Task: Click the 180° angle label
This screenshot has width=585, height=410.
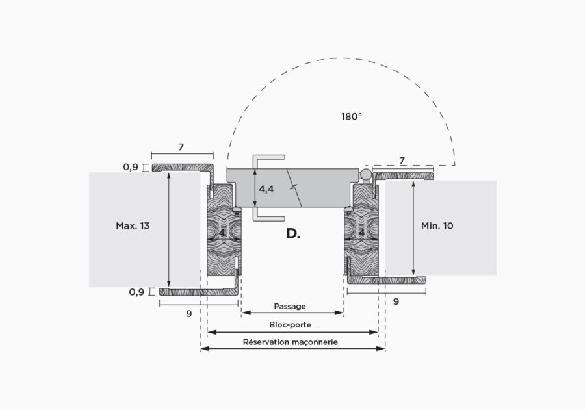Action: (352, 116)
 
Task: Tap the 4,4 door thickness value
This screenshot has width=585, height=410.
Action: (266, 189)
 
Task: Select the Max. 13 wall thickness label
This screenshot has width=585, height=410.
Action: (133, 225)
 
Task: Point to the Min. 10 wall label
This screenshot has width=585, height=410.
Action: (437, 225)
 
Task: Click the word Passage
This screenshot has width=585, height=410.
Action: (290, 306)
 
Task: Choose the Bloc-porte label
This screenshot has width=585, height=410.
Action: (291, 325)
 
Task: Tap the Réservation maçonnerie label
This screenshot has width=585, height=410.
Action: (291, 342)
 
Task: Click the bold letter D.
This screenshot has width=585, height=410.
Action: (293, 233)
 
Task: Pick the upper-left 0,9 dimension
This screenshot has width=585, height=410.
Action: (131, 167)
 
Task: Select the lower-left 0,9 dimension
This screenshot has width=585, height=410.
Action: (136, 292)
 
